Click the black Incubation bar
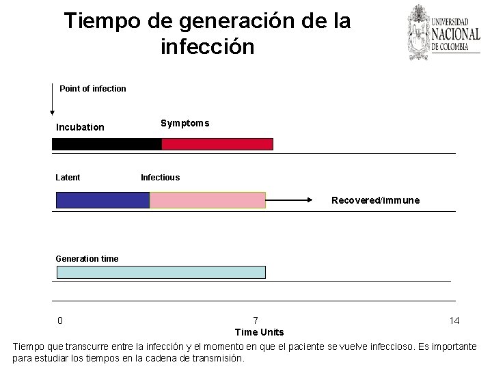point(107,144)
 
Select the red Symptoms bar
point(217,144)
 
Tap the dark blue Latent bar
point(102,200)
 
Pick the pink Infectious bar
point(207,200)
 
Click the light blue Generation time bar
point(161,272)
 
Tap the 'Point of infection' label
point(93,88)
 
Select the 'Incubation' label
point(80,127)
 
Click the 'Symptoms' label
point(184,123)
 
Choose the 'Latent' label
point(68,178)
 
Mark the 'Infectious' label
point(160,178)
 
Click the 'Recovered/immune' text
point(375,200)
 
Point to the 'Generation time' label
point(87,258)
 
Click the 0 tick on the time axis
point(60,320)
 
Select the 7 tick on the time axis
point(256,320)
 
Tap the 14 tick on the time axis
point(454,320)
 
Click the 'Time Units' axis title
point(259,332)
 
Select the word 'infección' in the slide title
point(208,47)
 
